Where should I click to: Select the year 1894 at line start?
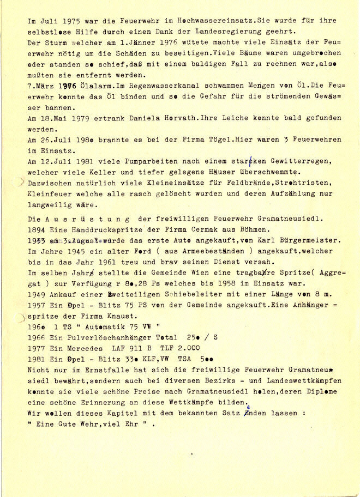tap(36, 229)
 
